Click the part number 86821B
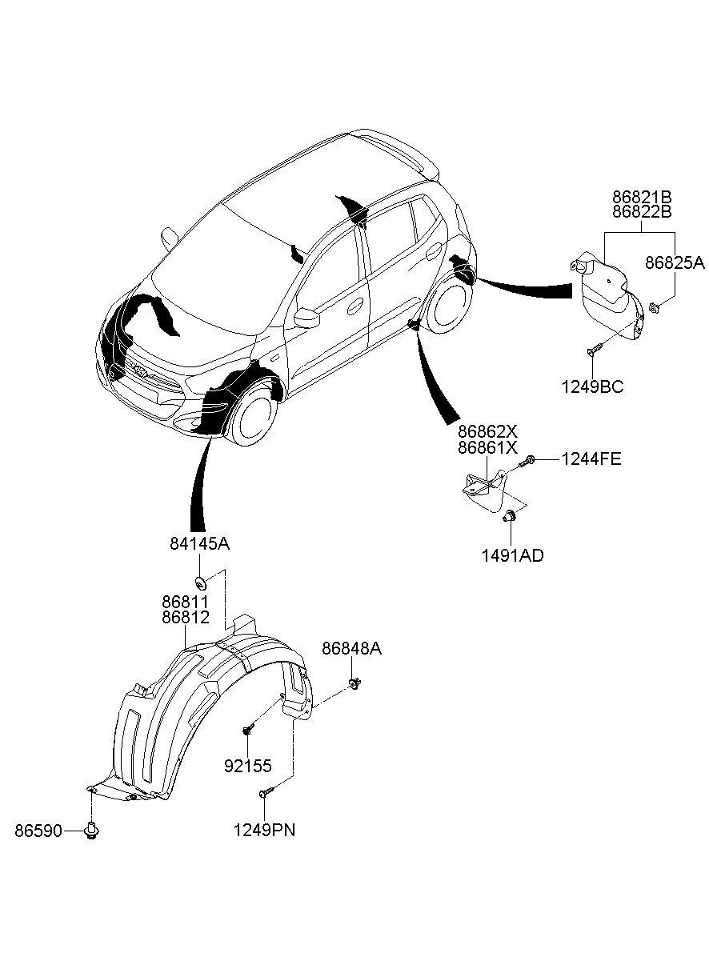[642, 198]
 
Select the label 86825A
[675, 262]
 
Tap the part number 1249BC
[592, 386]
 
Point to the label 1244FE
[591, 458]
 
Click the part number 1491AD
[513, 556]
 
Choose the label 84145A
[199, 544]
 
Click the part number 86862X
[487, 431]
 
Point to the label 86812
[186, 617]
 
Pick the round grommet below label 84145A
[200, 583]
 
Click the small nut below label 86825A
[654, 308]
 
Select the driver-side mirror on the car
[306, 318]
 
